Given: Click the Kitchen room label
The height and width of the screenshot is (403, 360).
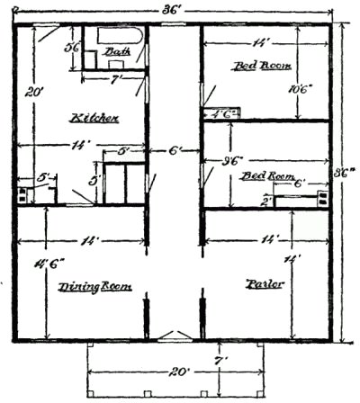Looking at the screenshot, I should [x=94, y=118].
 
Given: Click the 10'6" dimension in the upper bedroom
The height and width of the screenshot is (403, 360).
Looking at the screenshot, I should [x=298, y=89].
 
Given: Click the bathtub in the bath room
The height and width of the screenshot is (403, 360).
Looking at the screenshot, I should [x=125, y=37].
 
